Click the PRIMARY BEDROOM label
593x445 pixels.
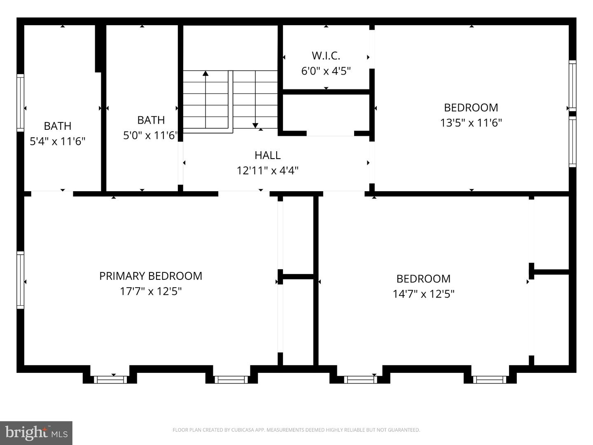pos(151,276)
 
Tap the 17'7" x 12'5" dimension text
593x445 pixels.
pos(151,291)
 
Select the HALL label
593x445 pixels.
pos(268,155)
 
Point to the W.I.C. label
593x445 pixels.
pos(326,55)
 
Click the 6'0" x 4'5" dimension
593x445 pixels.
pos(326,71)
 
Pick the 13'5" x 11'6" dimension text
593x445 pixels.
pos(471,123)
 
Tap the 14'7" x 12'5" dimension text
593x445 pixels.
pos(423,294)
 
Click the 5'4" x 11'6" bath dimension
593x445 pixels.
pos(58,141)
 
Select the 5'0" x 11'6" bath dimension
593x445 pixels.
pos(150,135)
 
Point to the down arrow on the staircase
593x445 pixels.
pos(255,125)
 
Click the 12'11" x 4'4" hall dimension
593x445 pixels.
pos(268,170)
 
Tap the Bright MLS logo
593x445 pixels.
pos(36,433)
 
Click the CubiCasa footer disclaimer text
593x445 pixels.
pos(296,430)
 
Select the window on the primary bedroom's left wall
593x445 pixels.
pos(20,280)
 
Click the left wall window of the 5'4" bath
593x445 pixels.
pos(20,103)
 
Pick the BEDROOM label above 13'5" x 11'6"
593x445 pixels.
pos(471,108)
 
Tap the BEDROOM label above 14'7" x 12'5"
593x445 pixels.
pos(423,279)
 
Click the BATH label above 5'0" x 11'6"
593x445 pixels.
pos(151,120)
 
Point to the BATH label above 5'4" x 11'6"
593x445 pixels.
pos(58,126)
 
